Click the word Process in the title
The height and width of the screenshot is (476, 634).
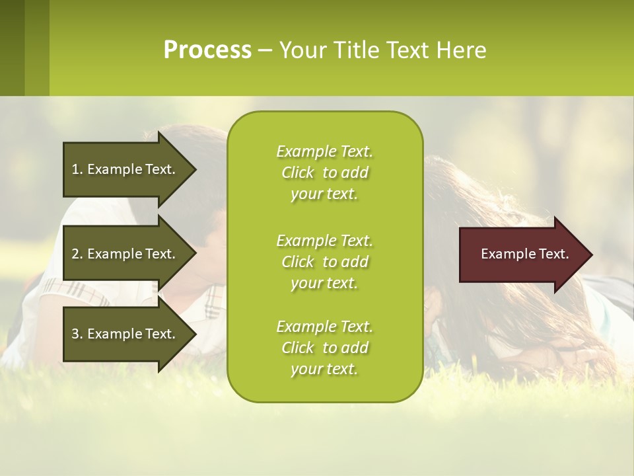click(207, 50)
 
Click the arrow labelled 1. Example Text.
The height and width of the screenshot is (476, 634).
click(125, 169)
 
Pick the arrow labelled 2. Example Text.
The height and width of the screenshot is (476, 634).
click(125, 254)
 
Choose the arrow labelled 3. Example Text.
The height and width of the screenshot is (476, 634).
click(125, 334)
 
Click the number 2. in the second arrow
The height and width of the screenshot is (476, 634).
click(77, 254)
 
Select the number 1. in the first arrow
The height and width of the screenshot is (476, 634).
click(77, 169)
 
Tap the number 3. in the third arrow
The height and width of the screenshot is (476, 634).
click(77, 334)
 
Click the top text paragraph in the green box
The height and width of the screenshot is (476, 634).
click(324, 173)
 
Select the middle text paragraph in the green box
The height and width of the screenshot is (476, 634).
click(324, 262)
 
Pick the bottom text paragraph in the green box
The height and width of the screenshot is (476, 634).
click(324, 348)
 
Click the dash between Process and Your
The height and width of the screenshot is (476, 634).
click(265, 51)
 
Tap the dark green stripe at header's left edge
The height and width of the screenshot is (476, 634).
click(12, 48)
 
